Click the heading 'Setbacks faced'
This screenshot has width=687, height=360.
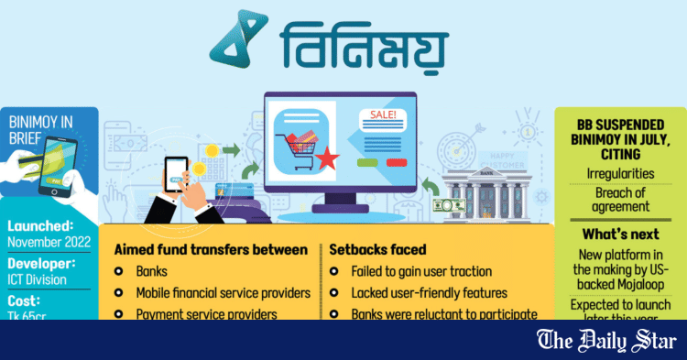376,249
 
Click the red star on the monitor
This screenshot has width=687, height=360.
327,163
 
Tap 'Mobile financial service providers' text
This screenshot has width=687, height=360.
223,293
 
